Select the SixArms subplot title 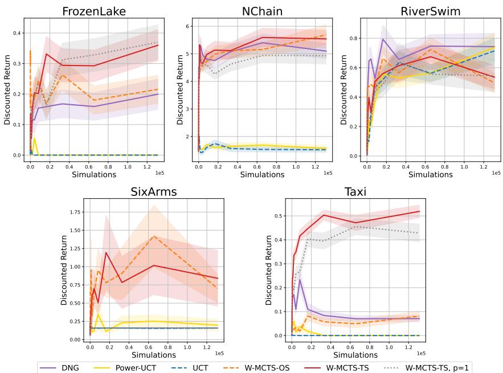pyautogui.click(x=151, y=191)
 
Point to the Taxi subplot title pyautogui.click(x=354, y=191)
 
